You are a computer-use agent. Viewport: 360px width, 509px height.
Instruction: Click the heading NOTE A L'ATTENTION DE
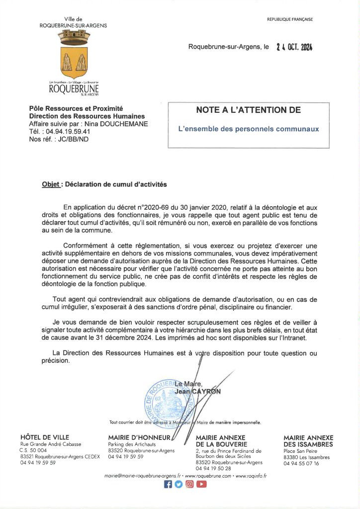(248, 110)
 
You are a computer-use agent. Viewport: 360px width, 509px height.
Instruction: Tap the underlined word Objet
(51, 184)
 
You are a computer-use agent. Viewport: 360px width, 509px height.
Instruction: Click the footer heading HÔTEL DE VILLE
(45, 437)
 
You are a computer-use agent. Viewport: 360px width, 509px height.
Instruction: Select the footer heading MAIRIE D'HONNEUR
(139, 437)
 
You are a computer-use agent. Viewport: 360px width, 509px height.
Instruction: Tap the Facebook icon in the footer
(168, 485)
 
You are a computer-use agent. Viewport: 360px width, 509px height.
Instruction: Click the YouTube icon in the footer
(201, 485)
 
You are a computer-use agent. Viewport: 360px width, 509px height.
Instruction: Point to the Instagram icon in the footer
(189, 485)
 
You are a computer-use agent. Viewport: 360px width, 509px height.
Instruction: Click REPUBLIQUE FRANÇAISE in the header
(290, 19)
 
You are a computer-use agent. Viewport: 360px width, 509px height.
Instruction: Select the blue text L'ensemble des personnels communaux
(248, 129)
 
